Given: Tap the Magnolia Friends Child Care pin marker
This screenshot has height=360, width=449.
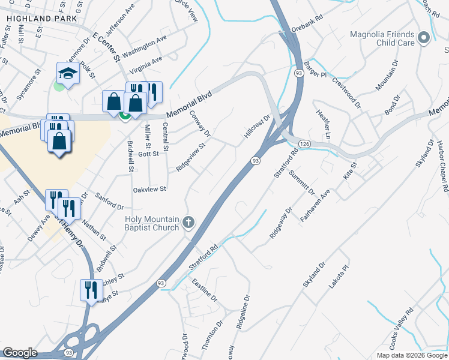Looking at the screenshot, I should (424, 38).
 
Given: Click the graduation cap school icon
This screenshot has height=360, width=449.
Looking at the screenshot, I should (68, 73).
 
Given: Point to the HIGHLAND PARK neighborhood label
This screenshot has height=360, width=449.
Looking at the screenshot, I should (42, 19).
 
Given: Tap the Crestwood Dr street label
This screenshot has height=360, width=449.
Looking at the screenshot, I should (346, 92).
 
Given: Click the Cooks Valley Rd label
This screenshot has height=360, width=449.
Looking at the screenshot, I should (403, 326).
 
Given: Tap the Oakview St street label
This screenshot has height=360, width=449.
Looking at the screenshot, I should (149, 189).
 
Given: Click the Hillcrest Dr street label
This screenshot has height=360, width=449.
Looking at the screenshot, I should (258, 127).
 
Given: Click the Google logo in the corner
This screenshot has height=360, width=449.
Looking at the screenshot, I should (20, 353).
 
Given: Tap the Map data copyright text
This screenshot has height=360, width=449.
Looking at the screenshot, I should (412, 355).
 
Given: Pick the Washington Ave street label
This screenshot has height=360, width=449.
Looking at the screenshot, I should (144, 46).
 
